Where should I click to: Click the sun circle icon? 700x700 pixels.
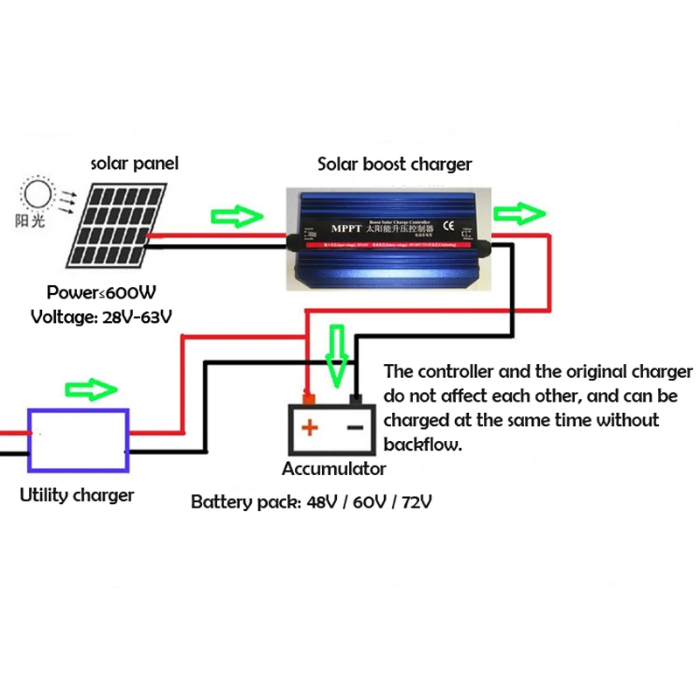(x=38, y=192)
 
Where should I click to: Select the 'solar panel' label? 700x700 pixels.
(x=136, y=164)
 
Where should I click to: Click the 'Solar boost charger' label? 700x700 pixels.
(x=394, y=164)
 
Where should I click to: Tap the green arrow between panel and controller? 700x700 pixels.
(x=237, y=216)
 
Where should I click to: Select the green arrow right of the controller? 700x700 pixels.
(x=520, y=212)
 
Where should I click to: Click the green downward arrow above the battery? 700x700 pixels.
(x=336, y=354)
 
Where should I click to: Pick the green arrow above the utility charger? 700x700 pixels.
(x=91, y=388)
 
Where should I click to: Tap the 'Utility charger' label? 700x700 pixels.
(x=77, y=495)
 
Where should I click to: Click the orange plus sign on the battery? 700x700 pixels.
(x=309, y=428)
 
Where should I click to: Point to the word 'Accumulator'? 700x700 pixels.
(x=333, y=469)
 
